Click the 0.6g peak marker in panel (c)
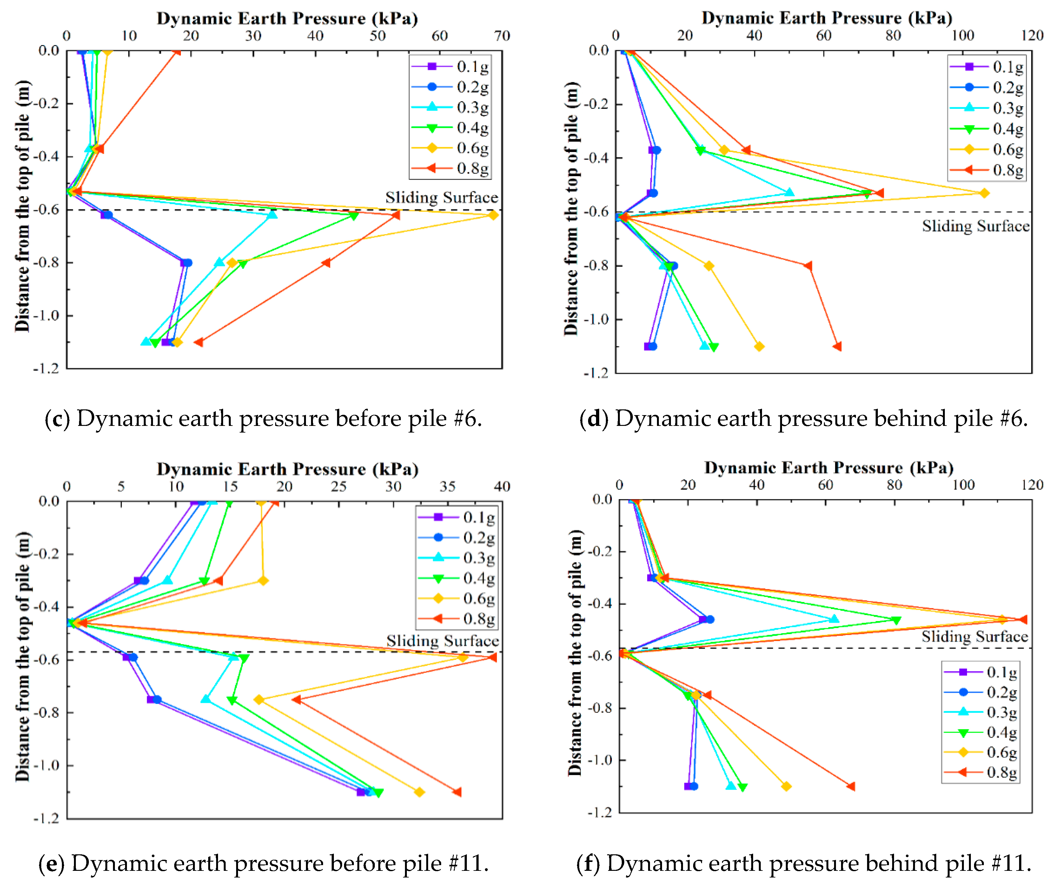click(493, 215)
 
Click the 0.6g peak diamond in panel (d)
click(984, 193)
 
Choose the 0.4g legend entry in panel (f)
click(980, 732)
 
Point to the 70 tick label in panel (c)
click(502, 36)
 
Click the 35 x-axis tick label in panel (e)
click(447, 487)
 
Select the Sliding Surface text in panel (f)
click(974, 637)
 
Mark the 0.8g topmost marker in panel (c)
click(176, 52)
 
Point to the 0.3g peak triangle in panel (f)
click(834, 619)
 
